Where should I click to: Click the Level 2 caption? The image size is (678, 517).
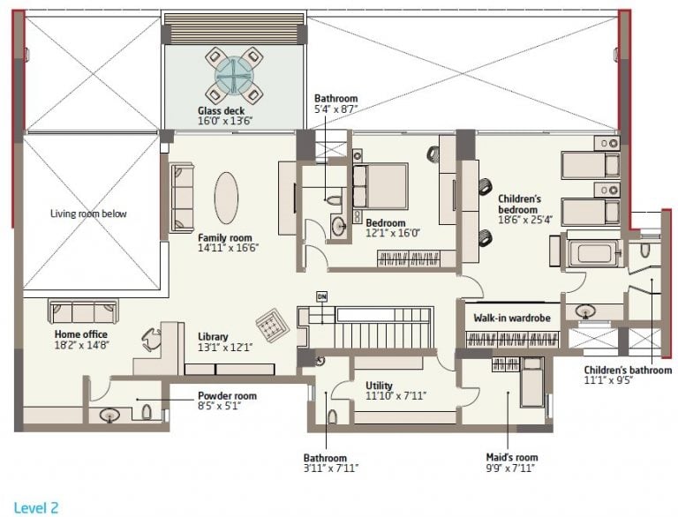point(36,507)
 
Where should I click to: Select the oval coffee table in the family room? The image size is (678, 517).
point(226,198)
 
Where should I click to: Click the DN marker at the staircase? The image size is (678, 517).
point(321,297)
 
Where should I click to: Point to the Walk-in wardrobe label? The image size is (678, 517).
point(512,318)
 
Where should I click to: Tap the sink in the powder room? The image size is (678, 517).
point(109,415)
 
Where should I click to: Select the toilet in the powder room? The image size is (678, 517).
point(147,412)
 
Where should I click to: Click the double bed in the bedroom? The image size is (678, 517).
point(380,185)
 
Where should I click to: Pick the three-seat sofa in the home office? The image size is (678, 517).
point(83,312)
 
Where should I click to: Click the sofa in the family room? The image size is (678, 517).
point(182,198)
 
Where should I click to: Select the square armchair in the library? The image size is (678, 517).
point(272,326)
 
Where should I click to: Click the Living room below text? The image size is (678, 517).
point(88,214)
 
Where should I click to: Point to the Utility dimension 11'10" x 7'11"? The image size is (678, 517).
point(396,395)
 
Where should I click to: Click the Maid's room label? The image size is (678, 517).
point(512,457)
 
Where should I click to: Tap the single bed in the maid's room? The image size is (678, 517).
point(531,382)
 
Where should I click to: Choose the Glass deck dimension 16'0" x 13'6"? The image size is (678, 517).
point(225,121)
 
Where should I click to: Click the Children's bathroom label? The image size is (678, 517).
point(628,370)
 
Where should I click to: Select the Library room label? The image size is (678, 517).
point(213,336)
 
